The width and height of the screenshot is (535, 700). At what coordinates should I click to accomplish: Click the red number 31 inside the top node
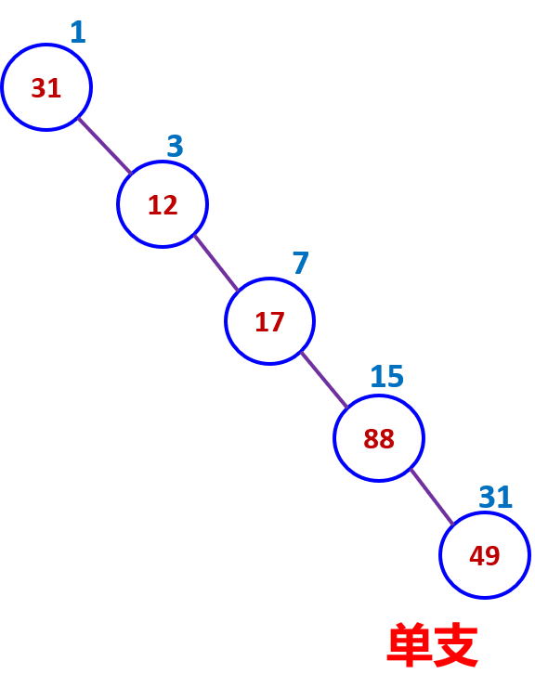click(x=46, y=88)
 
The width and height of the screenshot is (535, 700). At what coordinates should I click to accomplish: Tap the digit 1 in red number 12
click(x=154, y=205)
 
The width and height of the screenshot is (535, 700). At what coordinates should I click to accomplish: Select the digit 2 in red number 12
click(x=170, y=205)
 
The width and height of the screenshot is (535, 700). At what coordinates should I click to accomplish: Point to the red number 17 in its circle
click(x=269, y=322)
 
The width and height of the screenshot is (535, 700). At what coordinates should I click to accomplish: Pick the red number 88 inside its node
click(x=379, y=439)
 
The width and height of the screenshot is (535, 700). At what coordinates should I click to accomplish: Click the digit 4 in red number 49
click(x=476, y=556)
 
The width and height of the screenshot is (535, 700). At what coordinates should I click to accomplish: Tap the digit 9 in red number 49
click(x=492, y=556)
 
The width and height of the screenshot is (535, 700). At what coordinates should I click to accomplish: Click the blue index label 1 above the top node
click(x=78, y=32)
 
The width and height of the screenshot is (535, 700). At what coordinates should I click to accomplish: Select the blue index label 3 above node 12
click(x=175, y=146)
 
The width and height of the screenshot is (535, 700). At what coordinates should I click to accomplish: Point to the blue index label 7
click(x=301, y=263)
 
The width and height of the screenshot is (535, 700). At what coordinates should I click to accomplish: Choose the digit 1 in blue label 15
click(x=378, y=376)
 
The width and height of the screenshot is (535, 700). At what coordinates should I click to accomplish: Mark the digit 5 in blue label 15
click(x=396, y=376)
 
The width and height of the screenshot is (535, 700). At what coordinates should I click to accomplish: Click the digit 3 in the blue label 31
click(x=488, y=497)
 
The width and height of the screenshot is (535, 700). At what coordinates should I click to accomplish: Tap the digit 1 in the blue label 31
click(x=504, y=497)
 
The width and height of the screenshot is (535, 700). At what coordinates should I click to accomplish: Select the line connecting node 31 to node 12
click(x=105, y=146)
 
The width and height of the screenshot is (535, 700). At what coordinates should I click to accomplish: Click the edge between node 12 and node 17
click(x=216, y=263)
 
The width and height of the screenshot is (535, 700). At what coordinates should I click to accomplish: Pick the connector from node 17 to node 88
click(x=324, y=380)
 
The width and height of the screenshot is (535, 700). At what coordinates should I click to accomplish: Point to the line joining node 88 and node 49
click(x=432, y=497)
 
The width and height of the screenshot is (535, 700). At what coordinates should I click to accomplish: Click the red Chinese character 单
click(x=409, y=645)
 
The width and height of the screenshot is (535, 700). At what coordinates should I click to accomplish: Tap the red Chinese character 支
click(x=456, y=645)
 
